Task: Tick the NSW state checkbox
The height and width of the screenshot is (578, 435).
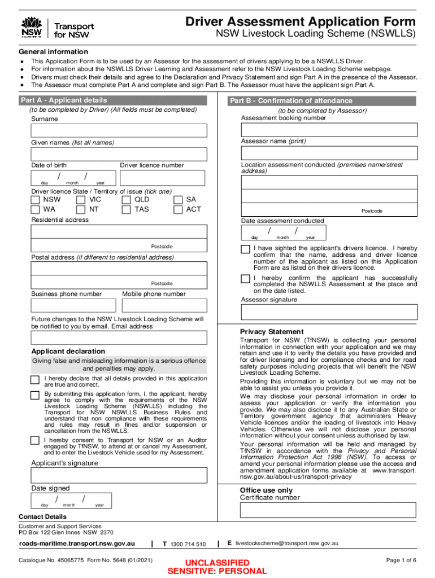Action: [36, 200]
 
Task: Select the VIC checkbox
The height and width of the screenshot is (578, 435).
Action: [81, 200]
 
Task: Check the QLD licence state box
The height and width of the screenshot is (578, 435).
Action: [126, 200]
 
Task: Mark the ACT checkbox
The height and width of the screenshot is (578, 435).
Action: [178, 209]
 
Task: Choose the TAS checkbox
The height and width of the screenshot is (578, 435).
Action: [126, 209]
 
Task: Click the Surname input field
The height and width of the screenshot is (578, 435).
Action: [119, 130]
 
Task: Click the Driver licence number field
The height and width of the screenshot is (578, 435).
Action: [163, 178]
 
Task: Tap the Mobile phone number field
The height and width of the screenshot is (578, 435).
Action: [164, 305]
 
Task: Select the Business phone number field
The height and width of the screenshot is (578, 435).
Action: [73, 305]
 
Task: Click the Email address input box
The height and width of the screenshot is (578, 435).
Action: [119, 338]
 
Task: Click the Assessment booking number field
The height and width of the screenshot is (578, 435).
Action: [329, 130]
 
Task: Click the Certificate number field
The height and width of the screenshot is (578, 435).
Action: [329, 510]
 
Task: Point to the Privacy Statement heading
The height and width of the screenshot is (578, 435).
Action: [272, 331]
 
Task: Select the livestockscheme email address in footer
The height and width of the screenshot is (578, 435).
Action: [287, 543]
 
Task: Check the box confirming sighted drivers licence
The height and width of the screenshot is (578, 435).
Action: [245, 249]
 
